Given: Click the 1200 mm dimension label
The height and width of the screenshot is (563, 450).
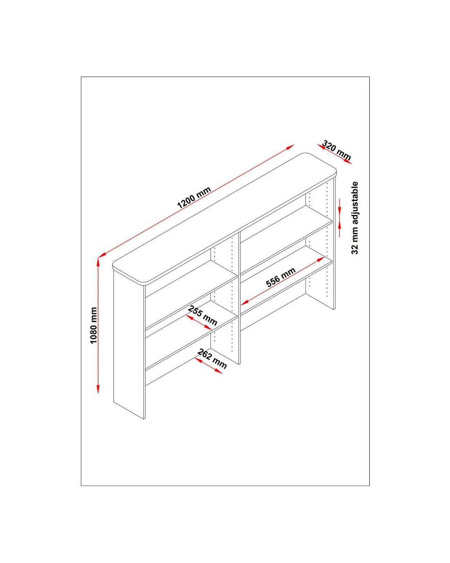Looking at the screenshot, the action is click(194, 197).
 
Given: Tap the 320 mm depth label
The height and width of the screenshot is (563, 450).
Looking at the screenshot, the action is click(336, 150).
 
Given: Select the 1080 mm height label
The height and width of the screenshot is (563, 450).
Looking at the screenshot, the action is click(93, 326).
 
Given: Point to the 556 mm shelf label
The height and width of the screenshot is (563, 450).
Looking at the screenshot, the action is click(281, 277).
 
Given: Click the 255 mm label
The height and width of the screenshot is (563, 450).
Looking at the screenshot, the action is click(202, 315).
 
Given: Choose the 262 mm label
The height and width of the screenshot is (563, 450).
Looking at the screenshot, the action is click(212, 359).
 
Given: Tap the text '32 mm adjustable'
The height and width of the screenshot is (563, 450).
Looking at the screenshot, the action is click(355, 218).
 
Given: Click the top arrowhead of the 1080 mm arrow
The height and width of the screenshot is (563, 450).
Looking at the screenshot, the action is click(98, 262).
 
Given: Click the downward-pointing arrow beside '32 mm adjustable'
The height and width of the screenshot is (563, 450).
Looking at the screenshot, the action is click(340, 206).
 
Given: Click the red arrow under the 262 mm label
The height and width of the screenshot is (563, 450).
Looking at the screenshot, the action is click(208, 366).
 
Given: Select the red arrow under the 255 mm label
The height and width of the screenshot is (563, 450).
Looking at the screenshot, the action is click(199, 322).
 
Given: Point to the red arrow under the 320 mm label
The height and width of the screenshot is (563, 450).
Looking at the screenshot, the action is click(334, 154).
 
